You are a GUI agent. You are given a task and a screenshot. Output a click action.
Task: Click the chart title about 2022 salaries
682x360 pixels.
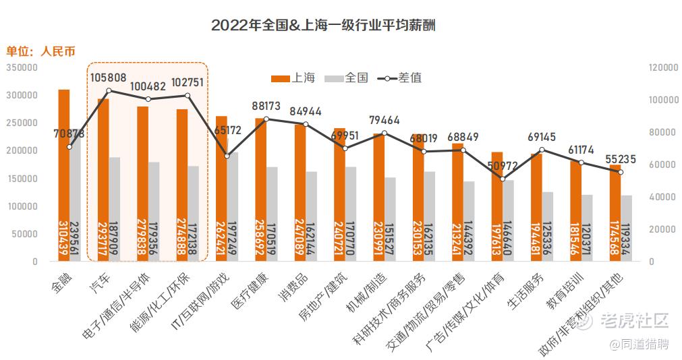pos(323,26)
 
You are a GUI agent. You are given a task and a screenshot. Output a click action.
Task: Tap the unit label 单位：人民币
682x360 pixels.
pos(40,51)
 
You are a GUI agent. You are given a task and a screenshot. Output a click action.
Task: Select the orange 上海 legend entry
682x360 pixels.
pos(293,78)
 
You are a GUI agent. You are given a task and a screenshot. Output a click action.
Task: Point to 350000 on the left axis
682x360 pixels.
pos(22,67)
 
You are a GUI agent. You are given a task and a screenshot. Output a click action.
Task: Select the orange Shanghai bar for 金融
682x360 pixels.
pos(63,175)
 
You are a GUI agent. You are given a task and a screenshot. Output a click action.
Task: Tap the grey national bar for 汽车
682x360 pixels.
pos(115,209)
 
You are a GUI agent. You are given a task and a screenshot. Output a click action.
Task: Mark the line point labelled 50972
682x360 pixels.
pos(502,179)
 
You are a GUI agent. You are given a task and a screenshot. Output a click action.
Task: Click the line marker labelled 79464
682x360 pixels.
pos(385,133)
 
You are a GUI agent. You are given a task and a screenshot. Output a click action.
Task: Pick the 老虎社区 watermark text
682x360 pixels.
pos(634,321)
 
